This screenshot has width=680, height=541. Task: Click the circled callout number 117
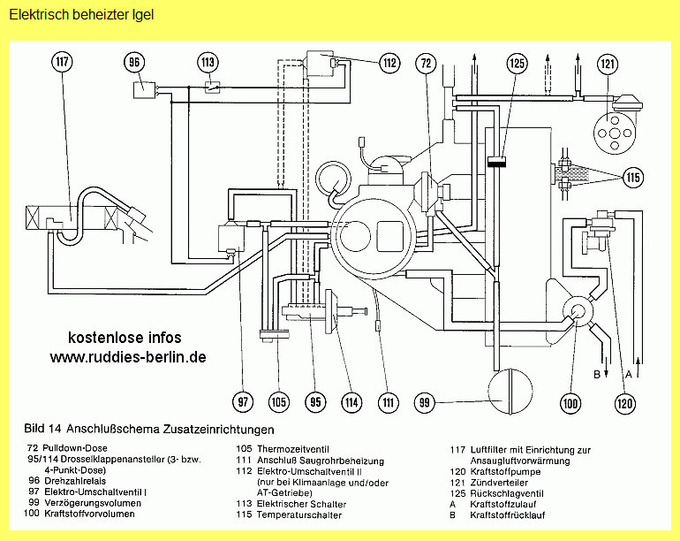62,63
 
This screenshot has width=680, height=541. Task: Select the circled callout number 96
134,63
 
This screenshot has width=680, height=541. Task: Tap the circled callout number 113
208,63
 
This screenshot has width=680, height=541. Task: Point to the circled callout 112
389,63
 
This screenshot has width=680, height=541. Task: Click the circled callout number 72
427,63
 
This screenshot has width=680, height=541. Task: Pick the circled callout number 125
518,63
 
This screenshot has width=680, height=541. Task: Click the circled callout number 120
624,404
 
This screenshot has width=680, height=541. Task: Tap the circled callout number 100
570,404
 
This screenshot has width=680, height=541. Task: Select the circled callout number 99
426,403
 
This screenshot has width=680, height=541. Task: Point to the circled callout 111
387,403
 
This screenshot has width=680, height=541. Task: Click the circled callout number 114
351,403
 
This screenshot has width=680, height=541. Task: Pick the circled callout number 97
242,403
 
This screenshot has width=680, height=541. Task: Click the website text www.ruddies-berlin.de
128,357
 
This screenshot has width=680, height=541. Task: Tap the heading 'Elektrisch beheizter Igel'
81,15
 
